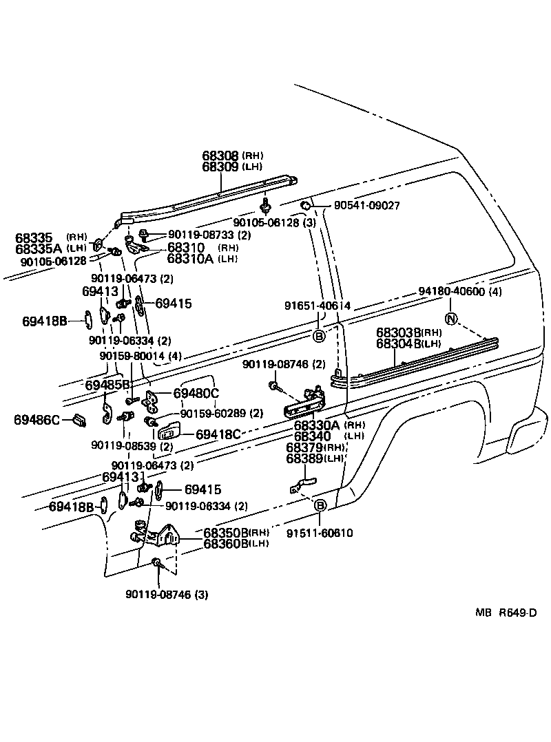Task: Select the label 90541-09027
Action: coord(367,206)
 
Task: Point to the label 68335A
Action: coord(39,248)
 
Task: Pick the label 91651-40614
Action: coord(318,306)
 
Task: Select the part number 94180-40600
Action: coord(452,292)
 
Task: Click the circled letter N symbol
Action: coord(450,319)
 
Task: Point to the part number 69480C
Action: coord(196,393)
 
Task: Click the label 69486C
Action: coord(37,418)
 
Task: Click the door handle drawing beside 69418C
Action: coord(169,434)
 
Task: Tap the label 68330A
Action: coord(313,425)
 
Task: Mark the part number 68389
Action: coord(304,458)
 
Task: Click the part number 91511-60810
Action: coord(321,533)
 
